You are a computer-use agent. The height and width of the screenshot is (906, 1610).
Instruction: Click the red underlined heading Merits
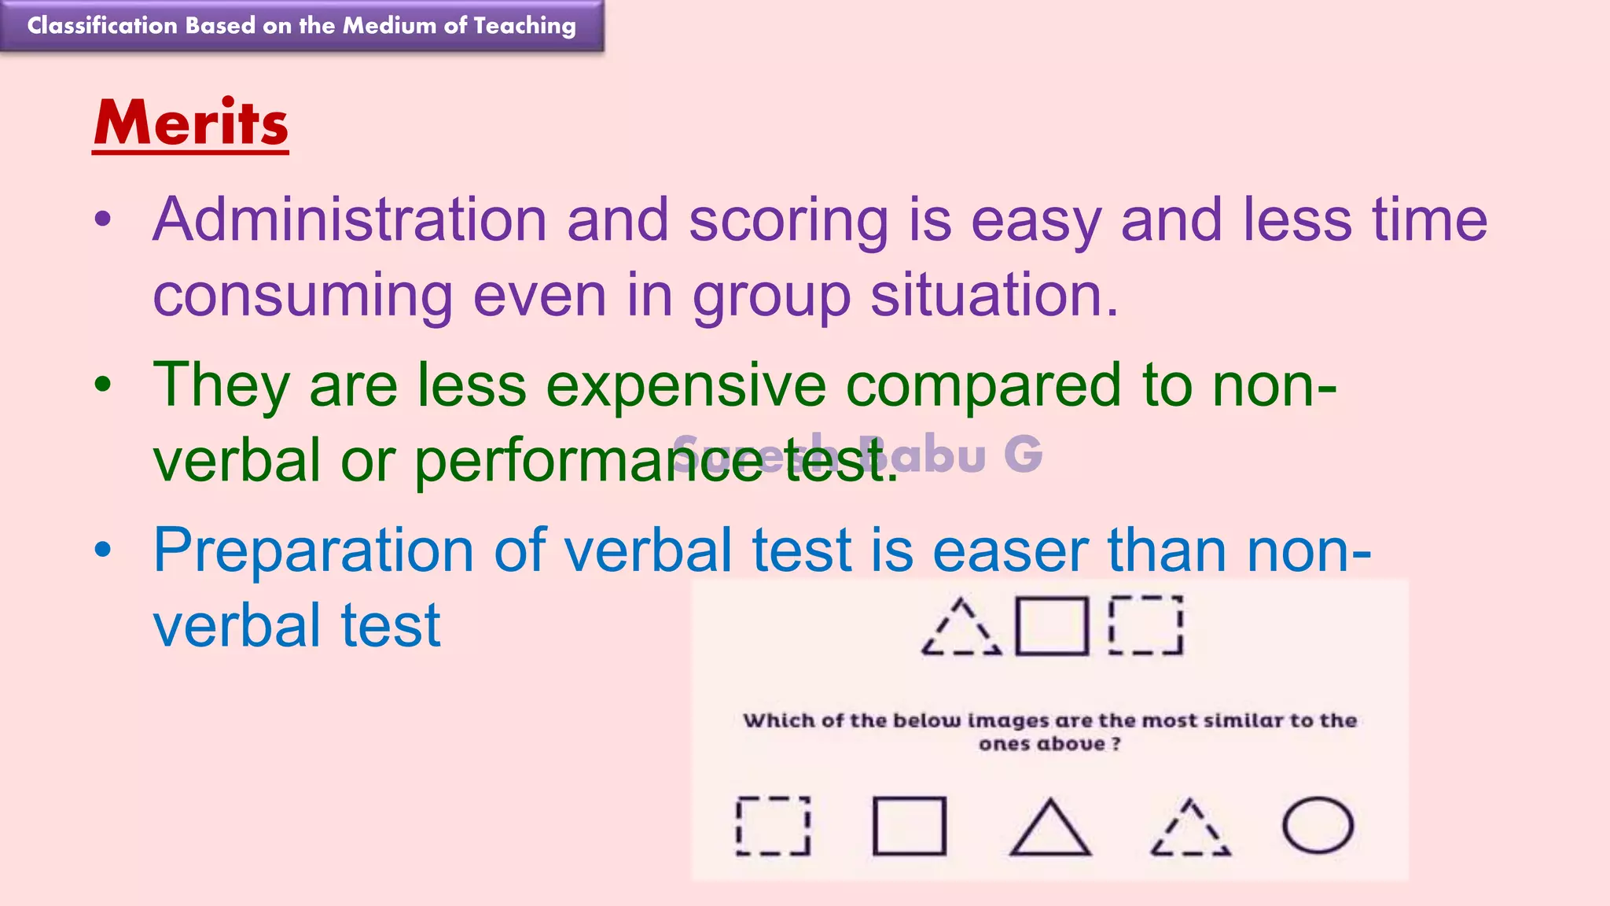(191, 123)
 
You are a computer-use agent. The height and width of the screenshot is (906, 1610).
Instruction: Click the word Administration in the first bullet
(349, 219)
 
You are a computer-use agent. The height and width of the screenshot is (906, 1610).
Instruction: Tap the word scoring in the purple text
(788, 221)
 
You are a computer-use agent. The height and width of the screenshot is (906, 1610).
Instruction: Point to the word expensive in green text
(686, 385)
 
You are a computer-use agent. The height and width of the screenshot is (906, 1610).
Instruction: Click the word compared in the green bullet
(983, 385)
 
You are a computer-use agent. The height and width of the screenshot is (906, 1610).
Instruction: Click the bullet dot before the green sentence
(103, 385)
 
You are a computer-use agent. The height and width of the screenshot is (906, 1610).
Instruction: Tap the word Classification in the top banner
(102, 25)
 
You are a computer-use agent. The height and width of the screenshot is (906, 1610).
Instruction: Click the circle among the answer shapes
(1318, 826)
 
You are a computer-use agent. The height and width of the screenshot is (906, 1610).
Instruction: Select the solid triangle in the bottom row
(1049, 830)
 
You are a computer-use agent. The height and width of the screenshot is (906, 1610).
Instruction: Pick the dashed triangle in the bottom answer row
(1190, 830)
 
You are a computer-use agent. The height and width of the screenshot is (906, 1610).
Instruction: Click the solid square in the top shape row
(1052, 626)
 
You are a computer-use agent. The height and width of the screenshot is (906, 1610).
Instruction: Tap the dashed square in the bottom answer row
(773, 826)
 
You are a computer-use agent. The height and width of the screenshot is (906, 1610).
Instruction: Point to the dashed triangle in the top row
(961, 630)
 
